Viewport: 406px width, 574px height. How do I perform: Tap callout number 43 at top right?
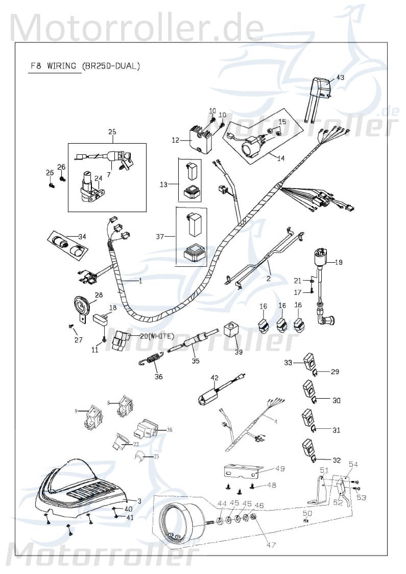(x=340, y=78)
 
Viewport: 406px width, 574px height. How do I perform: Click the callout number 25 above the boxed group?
(x=112, y=132)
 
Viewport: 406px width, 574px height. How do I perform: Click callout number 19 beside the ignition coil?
(x=339, y=262)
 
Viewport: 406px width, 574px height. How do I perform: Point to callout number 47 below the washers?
(x=271, y=545)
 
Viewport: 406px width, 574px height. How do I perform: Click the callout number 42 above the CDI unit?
(x=214, y=378)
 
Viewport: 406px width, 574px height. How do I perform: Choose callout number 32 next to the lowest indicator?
(x=336, y=460)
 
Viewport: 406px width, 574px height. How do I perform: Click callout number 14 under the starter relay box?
(x=280, y=158)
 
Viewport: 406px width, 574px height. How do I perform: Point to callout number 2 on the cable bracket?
(x=268, y=279)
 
